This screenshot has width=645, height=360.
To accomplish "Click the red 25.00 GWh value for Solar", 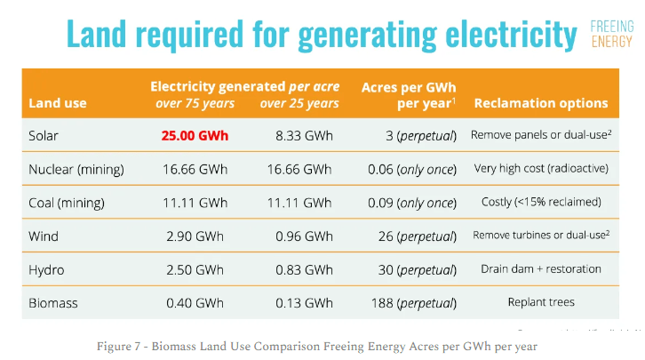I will click(x=195, y=136).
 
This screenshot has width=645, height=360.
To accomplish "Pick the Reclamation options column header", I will click(x=541, y=103).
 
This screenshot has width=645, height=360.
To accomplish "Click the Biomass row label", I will click(x=53, y=303).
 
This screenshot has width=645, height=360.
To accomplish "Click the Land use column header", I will click(x=58, y=103).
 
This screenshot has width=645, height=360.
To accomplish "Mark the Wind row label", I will click(x=45, y=236).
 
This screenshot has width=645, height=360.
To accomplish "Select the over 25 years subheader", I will click(x=299, y=103).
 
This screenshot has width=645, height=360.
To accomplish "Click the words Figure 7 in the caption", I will click(x=119, y=345).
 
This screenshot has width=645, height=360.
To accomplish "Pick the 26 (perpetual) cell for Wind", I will click(x=412, y=236).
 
